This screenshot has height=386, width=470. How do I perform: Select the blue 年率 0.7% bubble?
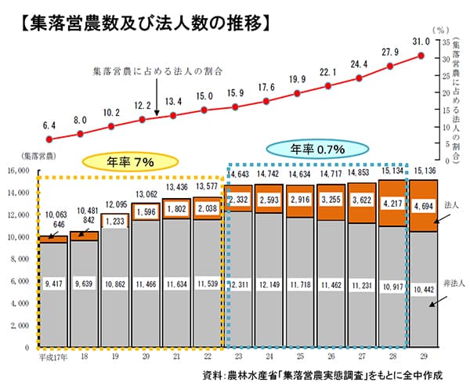pyautogui.click(x=317, y=148)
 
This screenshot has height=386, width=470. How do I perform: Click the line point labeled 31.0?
pyautogui.click(x=421, y=56)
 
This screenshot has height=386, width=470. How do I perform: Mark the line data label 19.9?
pyautogui.click(x=298, y=80)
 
